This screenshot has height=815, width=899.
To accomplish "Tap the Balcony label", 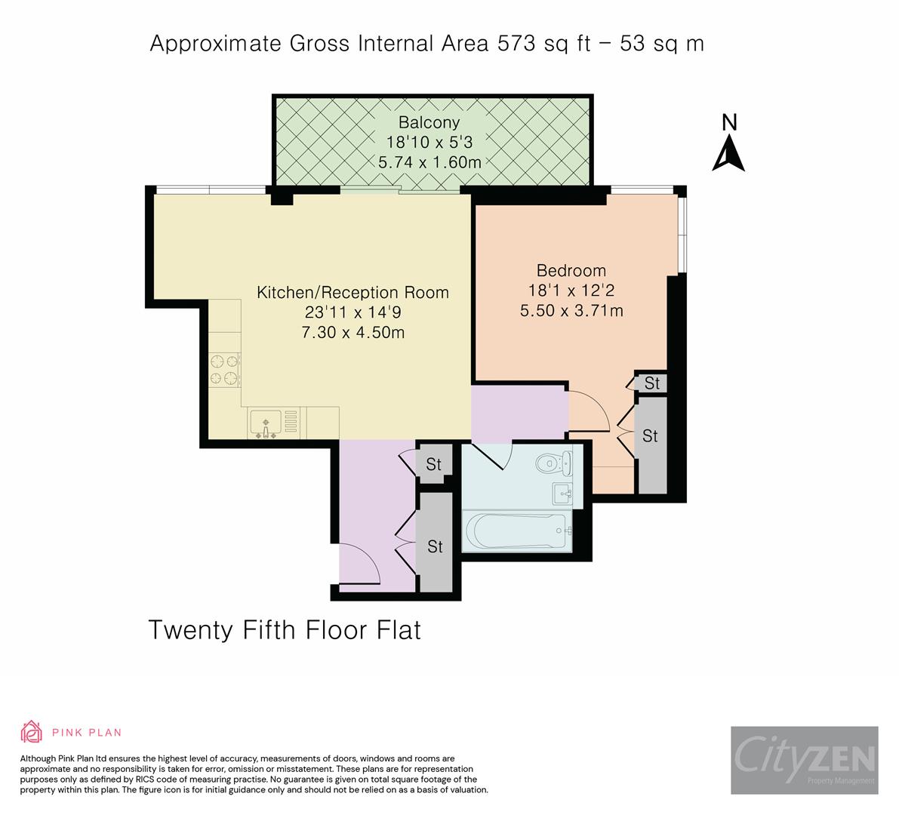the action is [429, 123].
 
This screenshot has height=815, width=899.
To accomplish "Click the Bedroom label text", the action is [571, 270].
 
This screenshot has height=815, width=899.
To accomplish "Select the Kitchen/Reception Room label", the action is [353, 292].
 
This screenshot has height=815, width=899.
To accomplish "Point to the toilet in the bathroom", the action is [554, 463].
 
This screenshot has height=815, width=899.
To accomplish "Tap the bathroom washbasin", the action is [562, 494].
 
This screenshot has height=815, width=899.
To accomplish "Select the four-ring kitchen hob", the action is [224, 370].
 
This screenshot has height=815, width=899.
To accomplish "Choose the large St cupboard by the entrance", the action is [436, 543].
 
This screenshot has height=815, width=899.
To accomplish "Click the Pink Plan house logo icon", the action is [32, 732].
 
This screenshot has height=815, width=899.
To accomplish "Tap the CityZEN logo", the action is [805, 760].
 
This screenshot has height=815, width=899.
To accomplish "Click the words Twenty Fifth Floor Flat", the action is [285, 630].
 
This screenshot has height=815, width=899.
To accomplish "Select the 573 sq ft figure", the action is [544, 44].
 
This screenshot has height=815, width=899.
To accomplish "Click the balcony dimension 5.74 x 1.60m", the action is [429, 162].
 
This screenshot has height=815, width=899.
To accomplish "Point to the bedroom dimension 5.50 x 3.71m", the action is [571, 311].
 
